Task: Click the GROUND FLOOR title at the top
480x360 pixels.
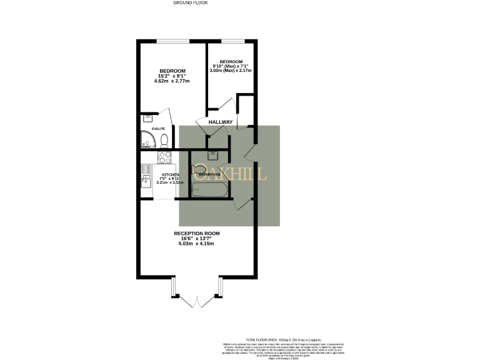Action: coord(190,2)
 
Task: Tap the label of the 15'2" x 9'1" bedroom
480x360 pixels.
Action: coord(172,71)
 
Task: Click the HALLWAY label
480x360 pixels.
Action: coord(221,122)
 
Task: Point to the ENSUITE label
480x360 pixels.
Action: coord(158,129)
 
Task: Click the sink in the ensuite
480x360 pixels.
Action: coord(148,117)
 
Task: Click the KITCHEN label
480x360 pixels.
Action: coord(171,174)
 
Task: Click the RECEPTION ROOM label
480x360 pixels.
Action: coord(197,233)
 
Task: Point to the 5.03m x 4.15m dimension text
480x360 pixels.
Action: coord(197,243)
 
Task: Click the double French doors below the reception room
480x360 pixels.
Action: coord(196,301)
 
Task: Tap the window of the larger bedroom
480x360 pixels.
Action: coord(172,42)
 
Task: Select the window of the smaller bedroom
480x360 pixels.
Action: coord(231,42)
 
